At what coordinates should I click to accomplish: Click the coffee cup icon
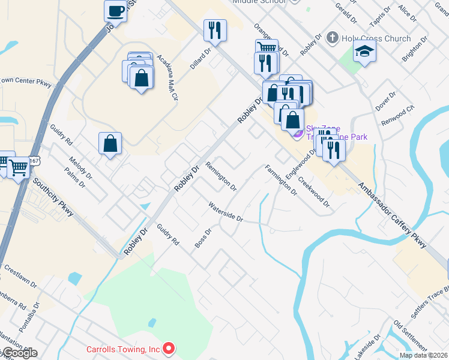coord(115,11)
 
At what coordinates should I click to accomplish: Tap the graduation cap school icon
coord(364,53)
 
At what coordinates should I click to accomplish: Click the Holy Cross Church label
coord(376,39)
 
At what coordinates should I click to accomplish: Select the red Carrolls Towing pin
coord(169,348)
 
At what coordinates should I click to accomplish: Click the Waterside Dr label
coord(225,212)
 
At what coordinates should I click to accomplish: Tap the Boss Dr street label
coord(203,238)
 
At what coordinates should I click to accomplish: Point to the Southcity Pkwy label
coord(53,197)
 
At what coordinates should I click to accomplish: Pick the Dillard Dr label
coord(201,59)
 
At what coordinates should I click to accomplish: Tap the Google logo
coord(19,353)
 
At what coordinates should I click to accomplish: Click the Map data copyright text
coord(424,355)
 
